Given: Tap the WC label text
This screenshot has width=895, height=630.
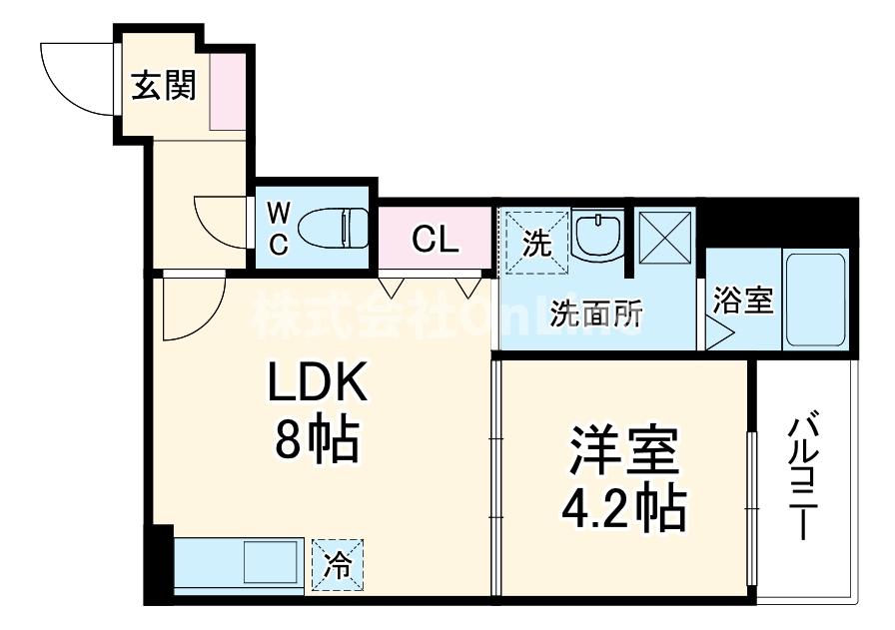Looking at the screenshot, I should pos(280,228).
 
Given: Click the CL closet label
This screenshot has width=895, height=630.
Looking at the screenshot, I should pos(436,239).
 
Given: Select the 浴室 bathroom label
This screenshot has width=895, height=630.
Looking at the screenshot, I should pos(744,300).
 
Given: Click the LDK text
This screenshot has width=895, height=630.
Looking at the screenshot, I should pos(317,384).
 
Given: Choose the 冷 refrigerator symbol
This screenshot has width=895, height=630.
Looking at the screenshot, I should pos(338,566).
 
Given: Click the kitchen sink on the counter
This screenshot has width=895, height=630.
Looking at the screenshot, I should pos(268,566).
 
